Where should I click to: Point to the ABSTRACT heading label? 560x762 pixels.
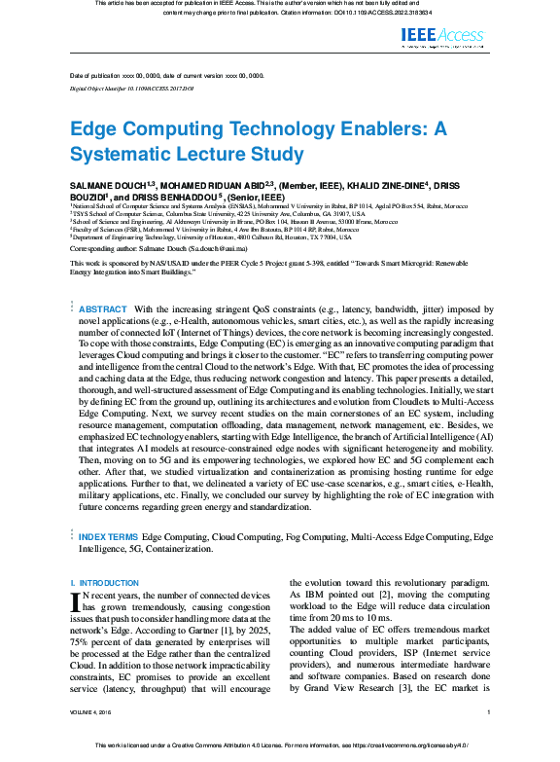pos(102,308)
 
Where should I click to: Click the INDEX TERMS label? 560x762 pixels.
pos(108,536)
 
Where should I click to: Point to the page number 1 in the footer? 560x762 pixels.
pos(487,741)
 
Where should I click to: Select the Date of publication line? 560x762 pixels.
pos(166,76)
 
